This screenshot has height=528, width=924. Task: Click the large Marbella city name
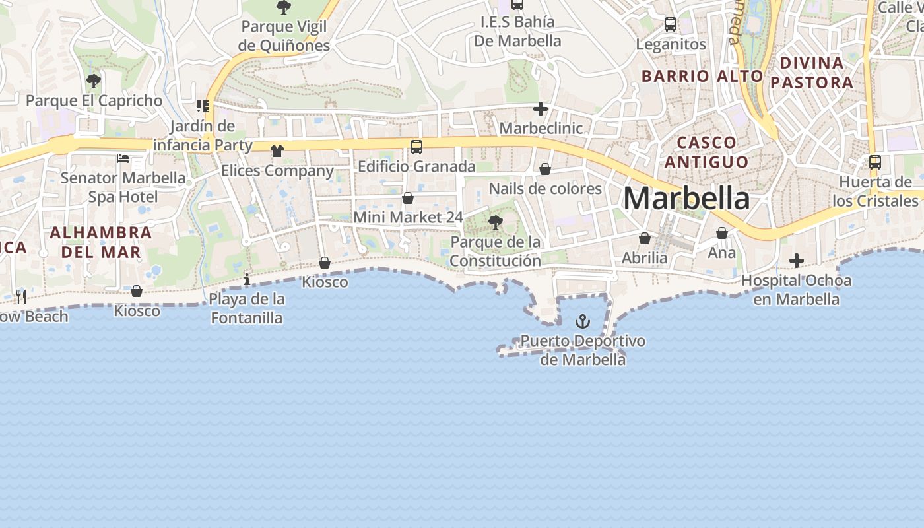(686, 198)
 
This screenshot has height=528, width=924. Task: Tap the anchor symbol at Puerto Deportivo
(582, 321)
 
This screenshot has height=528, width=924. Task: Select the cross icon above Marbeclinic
(541, 109)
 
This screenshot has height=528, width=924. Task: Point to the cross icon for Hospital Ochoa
(797, 261)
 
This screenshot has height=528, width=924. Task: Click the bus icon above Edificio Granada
(416, 147)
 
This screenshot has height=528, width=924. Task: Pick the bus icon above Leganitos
(671, 25)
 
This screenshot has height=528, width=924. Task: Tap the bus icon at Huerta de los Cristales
(875, 162)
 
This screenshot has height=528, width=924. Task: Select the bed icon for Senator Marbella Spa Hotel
(123, 158)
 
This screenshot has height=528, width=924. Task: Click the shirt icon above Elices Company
(277, 151)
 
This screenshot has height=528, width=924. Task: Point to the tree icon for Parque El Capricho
(94, 81)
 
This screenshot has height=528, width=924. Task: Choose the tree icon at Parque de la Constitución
(496, 222)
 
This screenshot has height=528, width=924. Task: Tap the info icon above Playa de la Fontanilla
(247, 279)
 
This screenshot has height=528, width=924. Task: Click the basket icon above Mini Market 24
(408, 198)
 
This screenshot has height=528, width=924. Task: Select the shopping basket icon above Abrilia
(645, 238)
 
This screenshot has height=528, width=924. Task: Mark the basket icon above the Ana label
(722, 233)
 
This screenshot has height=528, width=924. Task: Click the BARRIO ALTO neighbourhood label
(702, 76)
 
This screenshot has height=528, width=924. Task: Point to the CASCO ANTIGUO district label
(707, 152)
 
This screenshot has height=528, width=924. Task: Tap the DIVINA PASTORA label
(812, 73)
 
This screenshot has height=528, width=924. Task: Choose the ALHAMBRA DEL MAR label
(101, 242)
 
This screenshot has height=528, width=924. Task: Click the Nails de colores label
(545, 189)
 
